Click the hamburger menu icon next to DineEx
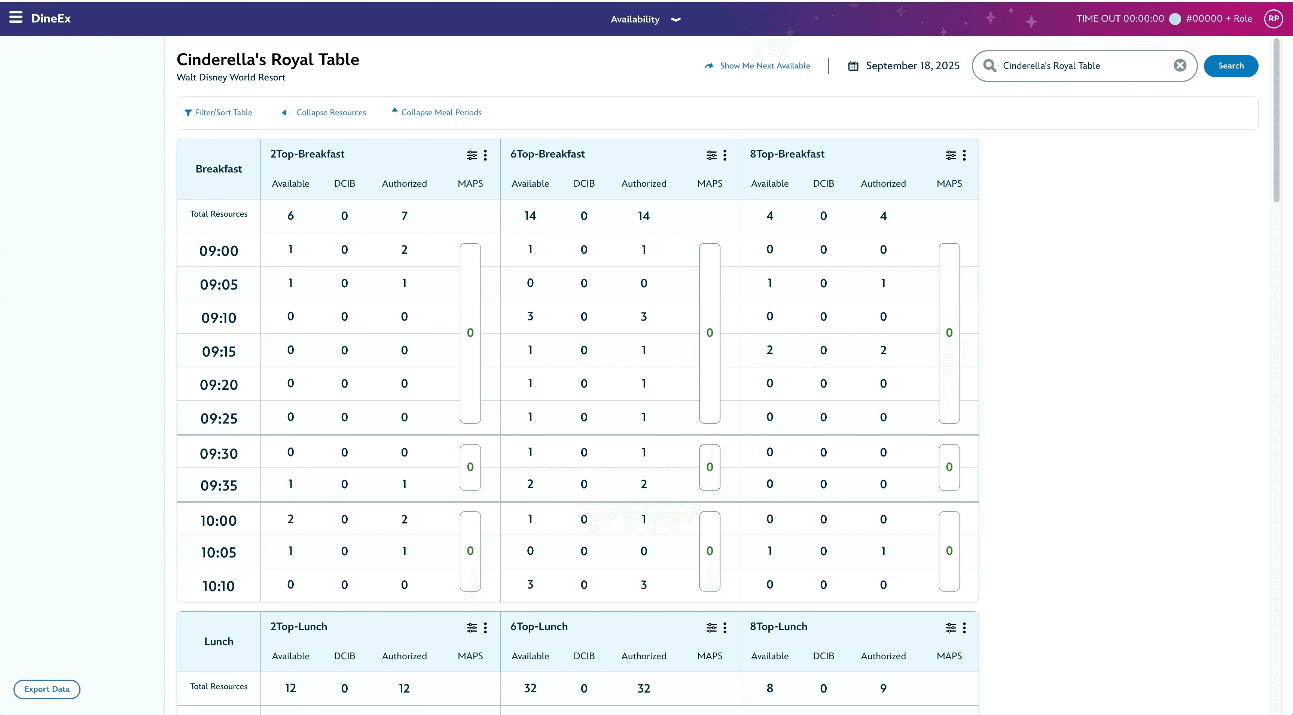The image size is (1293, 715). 16,18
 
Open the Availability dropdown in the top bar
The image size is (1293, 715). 645,19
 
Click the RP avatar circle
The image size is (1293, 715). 1274,19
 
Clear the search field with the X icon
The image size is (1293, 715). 1180,65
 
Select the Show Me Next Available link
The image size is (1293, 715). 757,66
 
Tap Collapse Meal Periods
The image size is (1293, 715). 436,112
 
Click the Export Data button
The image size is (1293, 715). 47,689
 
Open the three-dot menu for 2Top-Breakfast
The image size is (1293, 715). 485,155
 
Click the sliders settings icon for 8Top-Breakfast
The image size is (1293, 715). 951,155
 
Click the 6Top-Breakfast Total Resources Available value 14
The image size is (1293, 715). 530,216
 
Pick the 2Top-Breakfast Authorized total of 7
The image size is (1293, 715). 404,216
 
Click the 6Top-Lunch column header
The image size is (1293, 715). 539,626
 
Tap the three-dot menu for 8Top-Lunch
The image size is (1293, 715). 964,628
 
